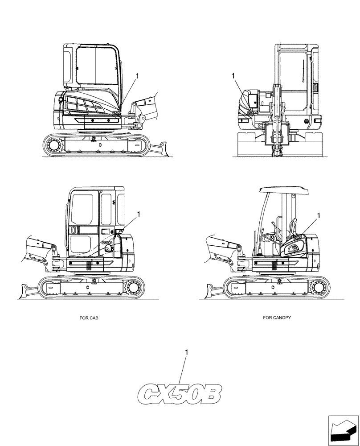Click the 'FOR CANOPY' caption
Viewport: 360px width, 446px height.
pos(277,318)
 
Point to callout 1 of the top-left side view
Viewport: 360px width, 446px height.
pos(138,76)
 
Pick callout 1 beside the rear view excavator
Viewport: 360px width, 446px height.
pos(233,76)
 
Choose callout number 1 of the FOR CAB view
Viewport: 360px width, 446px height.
pos(139,215)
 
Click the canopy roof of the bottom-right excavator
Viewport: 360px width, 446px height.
pos(283,190)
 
